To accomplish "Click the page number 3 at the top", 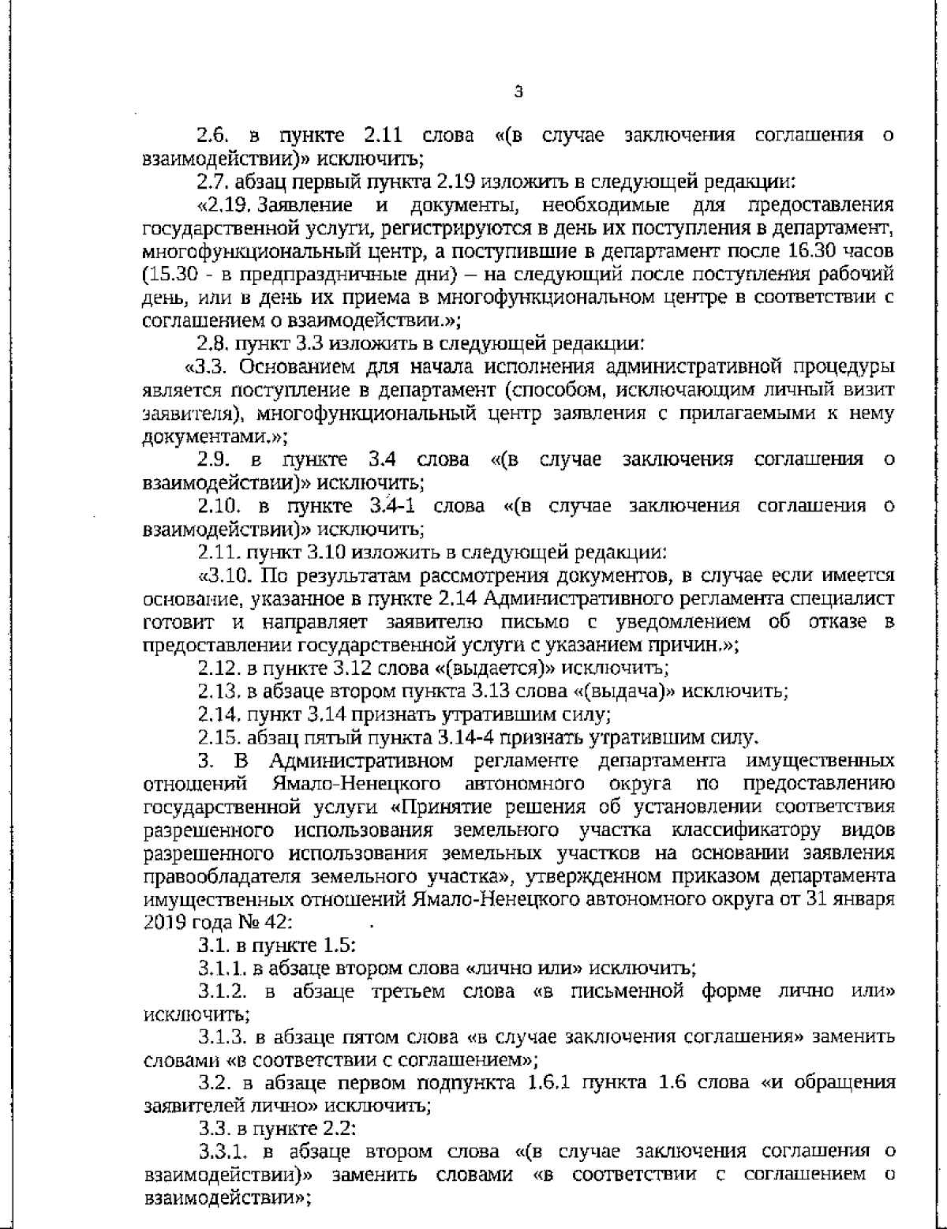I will click(518, 92).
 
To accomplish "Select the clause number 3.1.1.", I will click(221, 969).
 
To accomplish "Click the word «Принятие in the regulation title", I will click(432, 807).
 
